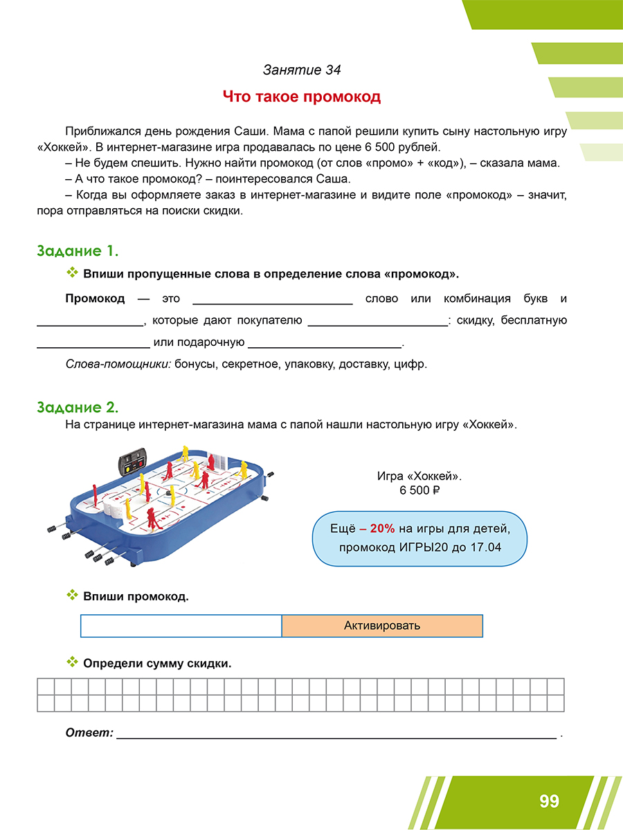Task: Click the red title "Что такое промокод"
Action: point(302,97)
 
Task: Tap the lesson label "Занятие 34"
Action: point(302,70)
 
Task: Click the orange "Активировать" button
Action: point(382,626)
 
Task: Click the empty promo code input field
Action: point(181,626)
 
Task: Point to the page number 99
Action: point(549,802)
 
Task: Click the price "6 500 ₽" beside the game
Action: point(419,491)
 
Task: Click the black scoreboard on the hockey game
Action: point(132,462)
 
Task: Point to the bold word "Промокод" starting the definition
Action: point(95,299)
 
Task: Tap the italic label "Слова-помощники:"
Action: point(118,365)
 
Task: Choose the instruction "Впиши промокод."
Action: point(136,596)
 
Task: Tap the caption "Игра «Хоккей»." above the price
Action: point(419,477)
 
